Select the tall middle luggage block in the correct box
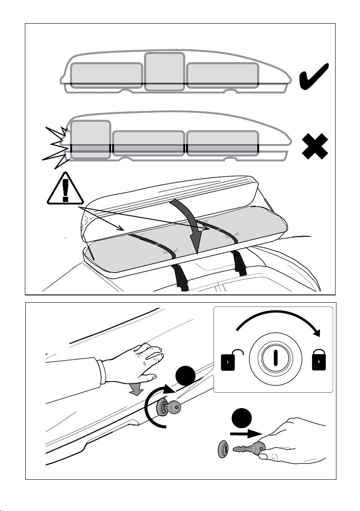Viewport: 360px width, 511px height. coord(165,72)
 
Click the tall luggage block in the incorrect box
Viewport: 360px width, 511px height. coord(90,139)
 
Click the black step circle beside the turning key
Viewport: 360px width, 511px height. coord(186,378)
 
